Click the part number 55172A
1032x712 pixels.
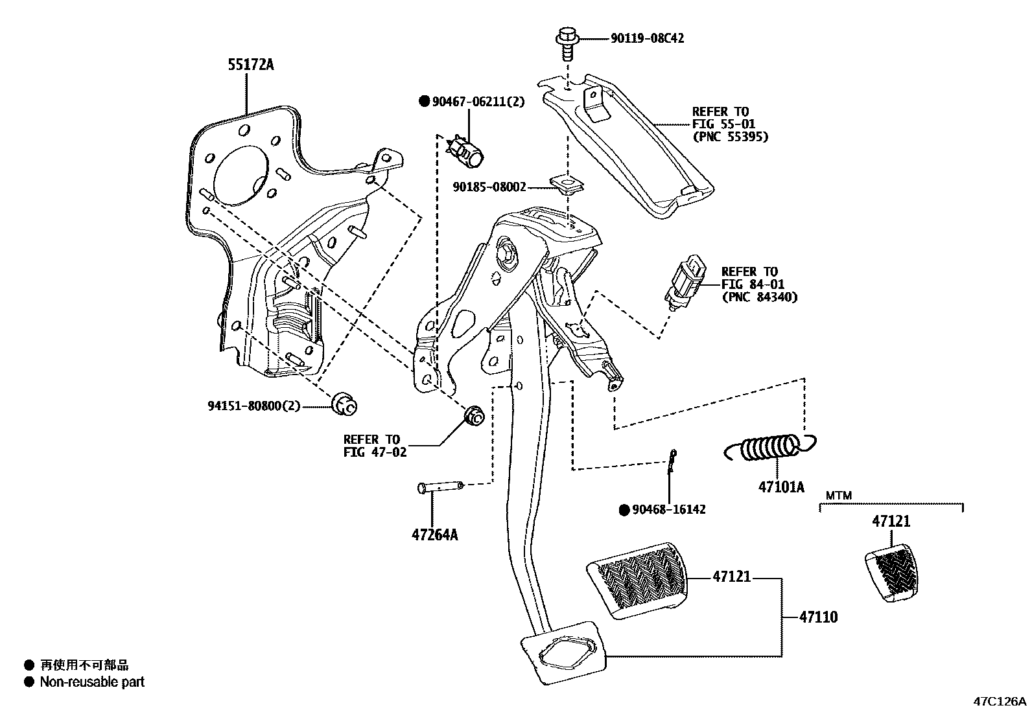[250, 65]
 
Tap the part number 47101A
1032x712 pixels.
[781, 487]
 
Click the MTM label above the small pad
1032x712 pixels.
[838, 496]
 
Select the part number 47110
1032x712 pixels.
[818, 617]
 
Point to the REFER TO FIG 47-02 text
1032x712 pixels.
[374, 446]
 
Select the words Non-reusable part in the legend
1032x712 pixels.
[92, 682]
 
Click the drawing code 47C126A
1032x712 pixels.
[999, 701]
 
